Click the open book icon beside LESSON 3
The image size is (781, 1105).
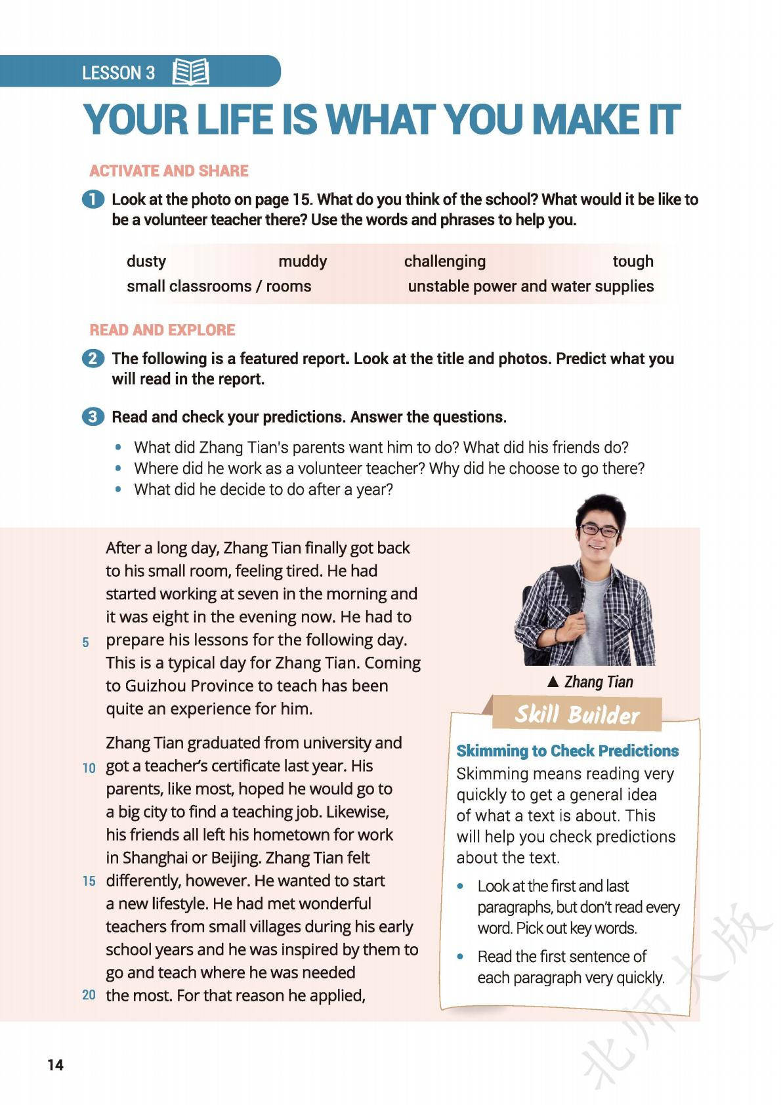[x=190, y=72]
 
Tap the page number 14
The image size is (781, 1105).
[x=56, y=1065]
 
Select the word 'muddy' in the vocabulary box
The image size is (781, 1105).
[x=302, y=261]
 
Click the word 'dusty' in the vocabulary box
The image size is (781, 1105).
[x=146, y=261]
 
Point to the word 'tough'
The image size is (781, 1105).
[x=633, y=261]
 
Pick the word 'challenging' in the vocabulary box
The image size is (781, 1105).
[x=444, y=261]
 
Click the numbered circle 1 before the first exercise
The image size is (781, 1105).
[x=93, y=199]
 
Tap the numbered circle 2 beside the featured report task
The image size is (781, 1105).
[x=93, y=359]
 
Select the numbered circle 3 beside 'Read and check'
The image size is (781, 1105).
[x=93, y=417]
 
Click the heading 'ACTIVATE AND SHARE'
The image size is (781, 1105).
[x=169, y=171]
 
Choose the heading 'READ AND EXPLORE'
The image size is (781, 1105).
[x=162, y=329]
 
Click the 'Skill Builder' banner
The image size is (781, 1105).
[x=576, y=714]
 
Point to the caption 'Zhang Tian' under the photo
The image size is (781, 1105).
[x=598, y=682]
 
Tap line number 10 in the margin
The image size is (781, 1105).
[x=89, y=767]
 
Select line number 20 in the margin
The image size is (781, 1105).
[x=89, y=995]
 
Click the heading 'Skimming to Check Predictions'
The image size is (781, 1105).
[x=567, y=751]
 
